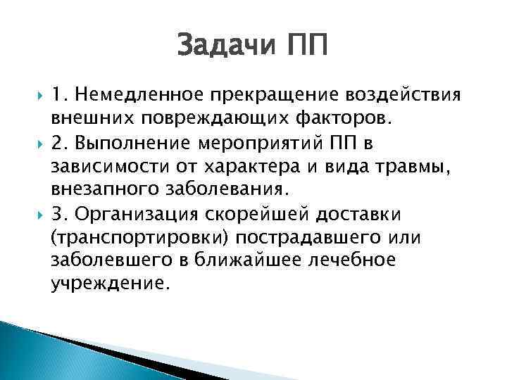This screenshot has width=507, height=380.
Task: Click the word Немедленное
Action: click(x=142, y=95)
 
